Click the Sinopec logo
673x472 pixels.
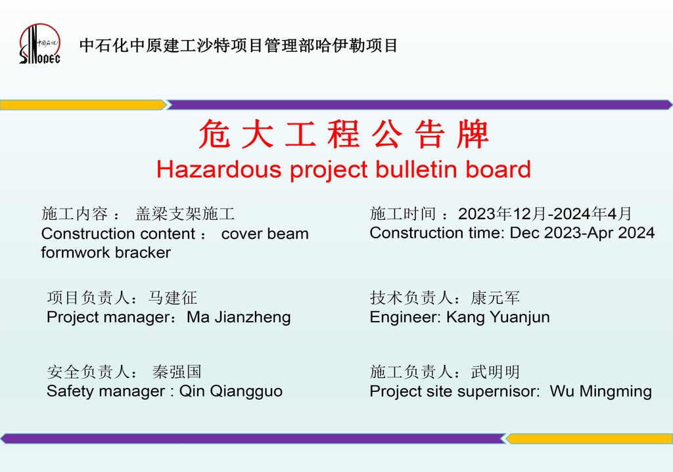point(40,44)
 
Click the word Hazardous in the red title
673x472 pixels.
point(219,169)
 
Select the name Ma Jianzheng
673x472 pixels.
point(239,317)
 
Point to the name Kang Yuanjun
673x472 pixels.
point(498,317)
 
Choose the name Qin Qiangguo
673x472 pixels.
point(231,391)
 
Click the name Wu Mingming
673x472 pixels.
point(601,391)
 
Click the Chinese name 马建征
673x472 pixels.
point(173,297)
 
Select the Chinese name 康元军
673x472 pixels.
point(496,297)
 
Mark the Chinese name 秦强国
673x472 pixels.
point(177,372)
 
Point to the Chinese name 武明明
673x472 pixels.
point(496,372)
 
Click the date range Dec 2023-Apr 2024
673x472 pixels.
point(582,233)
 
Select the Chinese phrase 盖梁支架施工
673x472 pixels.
point(185,213)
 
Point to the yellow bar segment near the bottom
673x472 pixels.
point(590,438)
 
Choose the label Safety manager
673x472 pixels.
point(106,391)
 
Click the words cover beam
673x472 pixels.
point(265,234)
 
